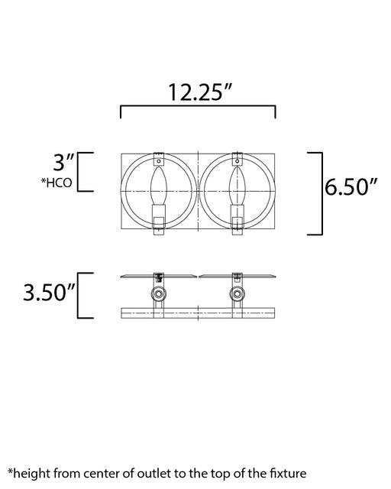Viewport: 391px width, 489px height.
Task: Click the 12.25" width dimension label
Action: [201, 92]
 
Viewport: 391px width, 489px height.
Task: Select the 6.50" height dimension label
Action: [351, 186]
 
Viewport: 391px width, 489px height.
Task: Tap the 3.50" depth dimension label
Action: [50, 292]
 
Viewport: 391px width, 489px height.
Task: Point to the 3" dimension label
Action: [63, 163]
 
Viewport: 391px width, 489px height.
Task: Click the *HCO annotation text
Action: [57, 183]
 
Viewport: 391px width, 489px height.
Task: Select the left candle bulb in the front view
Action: [159, 186]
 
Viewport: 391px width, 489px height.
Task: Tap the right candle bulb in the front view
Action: [238, 186]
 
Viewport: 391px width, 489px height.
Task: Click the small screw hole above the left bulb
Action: [159, 161]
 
